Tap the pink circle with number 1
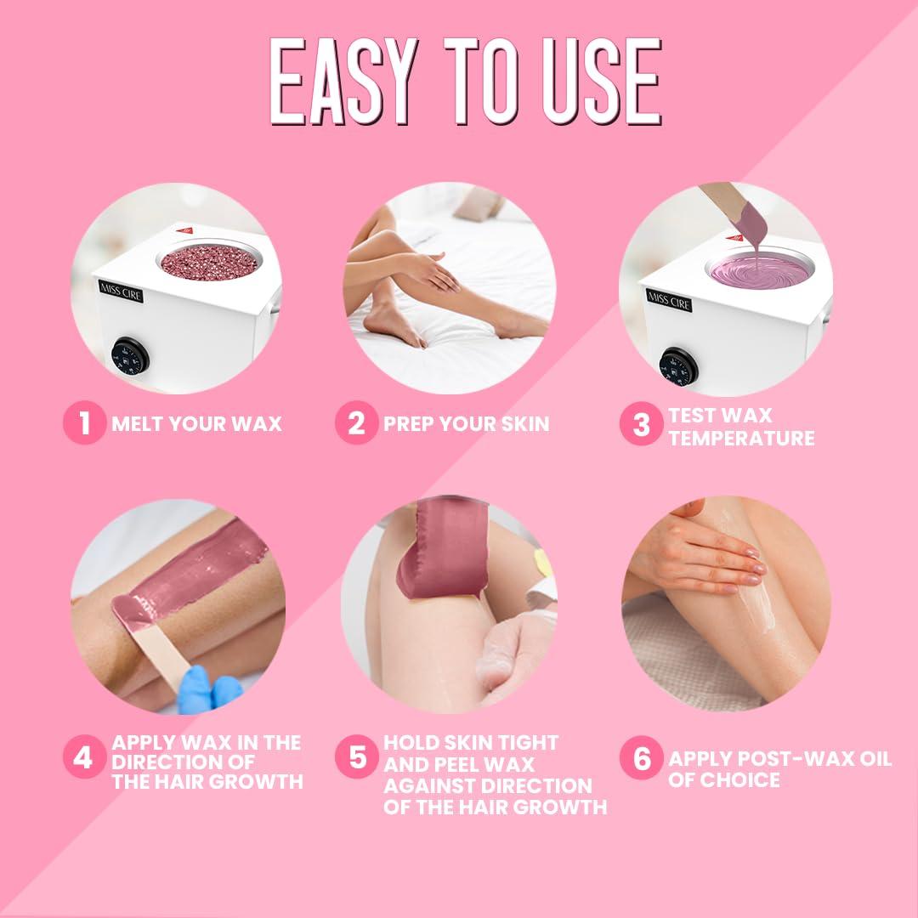(84, 422)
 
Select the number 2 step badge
(356, 422)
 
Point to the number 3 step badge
(641, 426)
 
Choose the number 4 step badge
(82, 757)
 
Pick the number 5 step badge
(356, 757)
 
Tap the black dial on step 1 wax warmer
(130, 355)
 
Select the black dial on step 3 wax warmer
(677, 365)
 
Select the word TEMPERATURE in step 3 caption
(740, 439)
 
